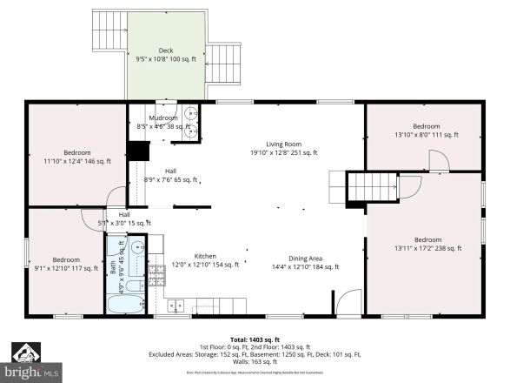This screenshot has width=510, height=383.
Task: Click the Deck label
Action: (165, 50)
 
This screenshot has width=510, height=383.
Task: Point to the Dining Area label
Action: (305, 258)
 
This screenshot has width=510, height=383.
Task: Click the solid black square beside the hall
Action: (137, 150)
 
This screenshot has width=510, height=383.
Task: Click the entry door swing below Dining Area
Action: (346, 302)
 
